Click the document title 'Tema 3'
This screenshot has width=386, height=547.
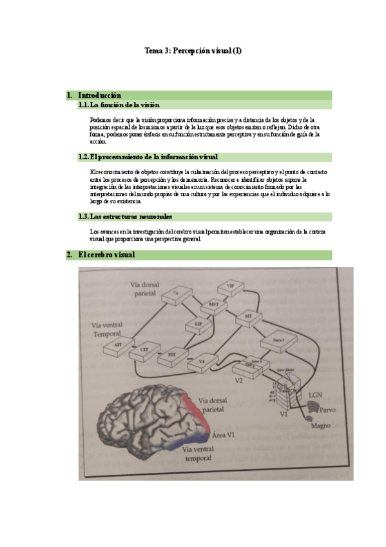[193, 51]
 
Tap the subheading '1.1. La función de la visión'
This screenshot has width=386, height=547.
[119, 104]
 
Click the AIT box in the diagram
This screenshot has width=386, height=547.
[118, 346]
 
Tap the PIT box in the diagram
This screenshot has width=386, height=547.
[172, 354]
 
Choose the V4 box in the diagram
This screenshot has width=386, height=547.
[202, 363]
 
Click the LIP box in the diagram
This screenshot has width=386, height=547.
[198, 323]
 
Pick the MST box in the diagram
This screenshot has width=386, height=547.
[215, 304]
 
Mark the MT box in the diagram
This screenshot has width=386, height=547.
[248, 316]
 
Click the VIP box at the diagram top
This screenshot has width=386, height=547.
[229, 286]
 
